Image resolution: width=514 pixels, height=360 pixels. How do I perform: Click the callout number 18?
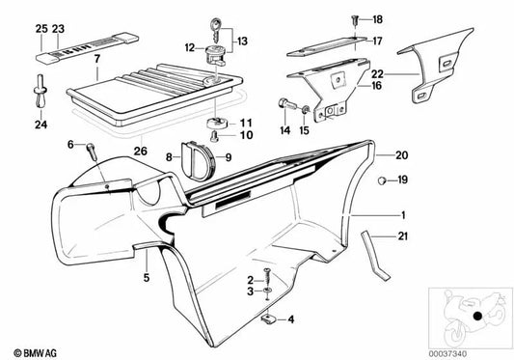pos(377,19)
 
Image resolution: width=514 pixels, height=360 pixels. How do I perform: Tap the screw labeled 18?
pos(354,18)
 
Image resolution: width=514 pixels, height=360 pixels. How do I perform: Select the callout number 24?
pos(41,124)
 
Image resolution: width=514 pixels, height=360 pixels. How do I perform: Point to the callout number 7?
pos(95,60)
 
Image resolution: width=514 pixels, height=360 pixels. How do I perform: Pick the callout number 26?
pos(141,151)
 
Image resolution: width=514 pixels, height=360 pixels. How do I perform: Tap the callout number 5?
pos(147,277)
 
